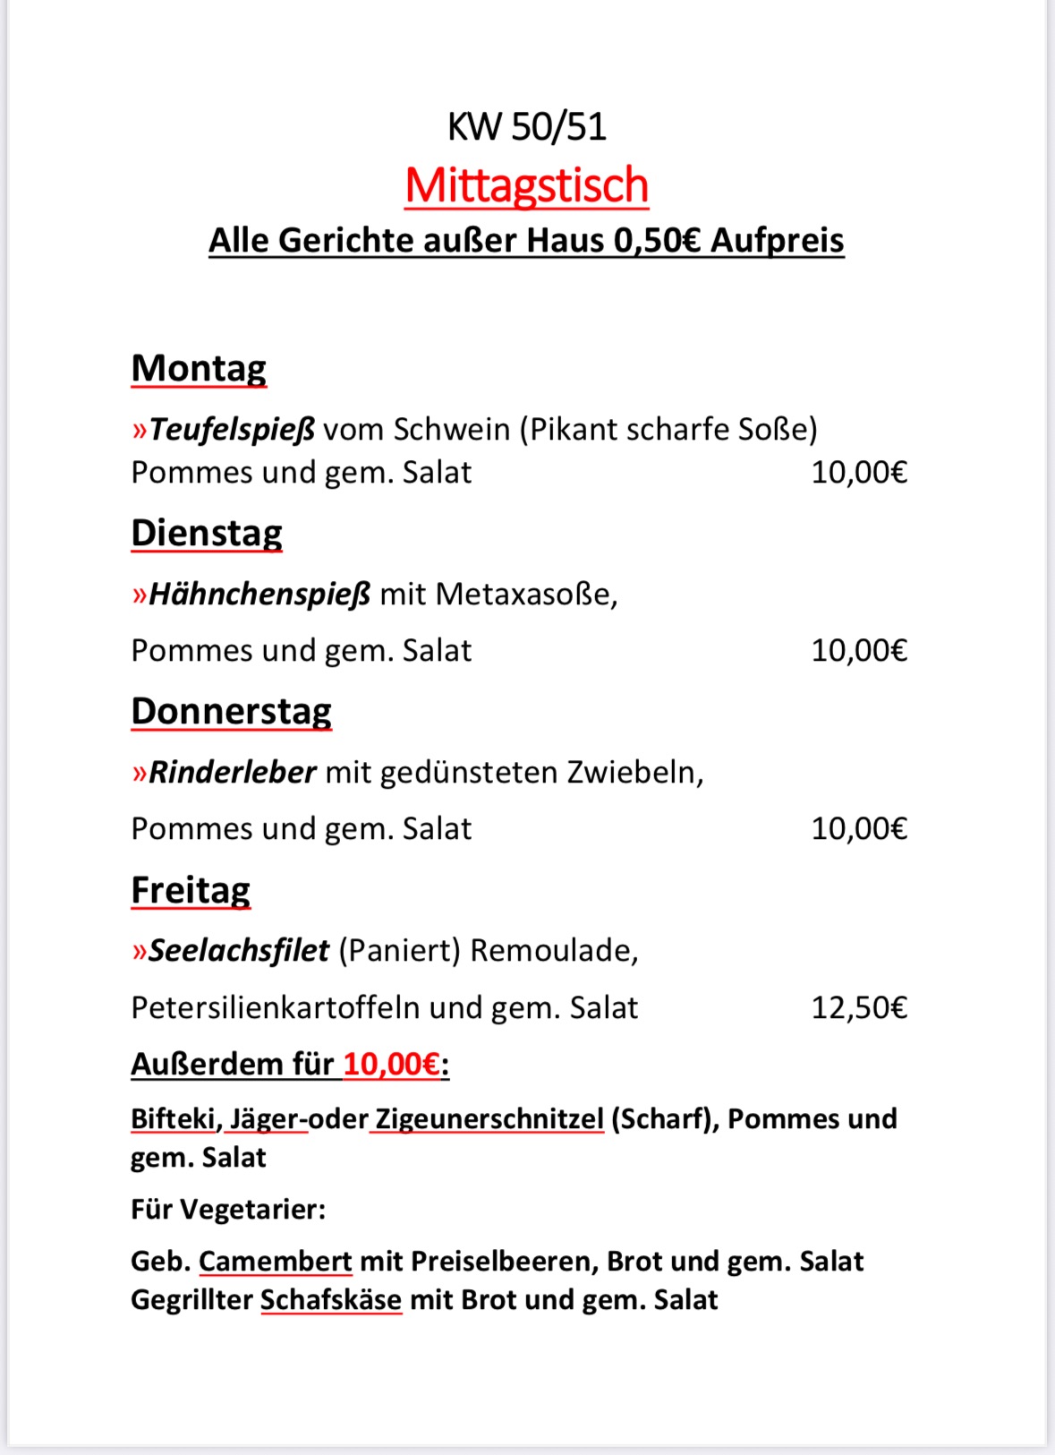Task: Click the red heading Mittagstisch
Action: [526, 185]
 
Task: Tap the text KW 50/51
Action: [526, 126]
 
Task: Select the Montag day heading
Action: [199, 368]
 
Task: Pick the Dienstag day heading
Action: [207, 533]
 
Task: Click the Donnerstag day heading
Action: [231, 711]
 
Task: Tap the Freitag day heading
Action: [191, 890]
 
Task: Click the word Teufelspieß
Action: [232, 430]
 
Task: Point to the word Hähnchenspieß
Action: [259, 594]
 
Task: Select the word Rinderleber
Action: [233, 772]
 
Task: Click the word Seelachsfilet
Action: [239, 950]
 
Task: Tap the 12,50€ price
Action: [859, 1007]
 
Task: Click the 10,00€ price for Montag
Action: [859, 472]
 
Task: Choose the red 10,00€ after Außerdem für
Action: [392, 1064]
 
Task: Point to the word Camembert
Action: [275, 1261]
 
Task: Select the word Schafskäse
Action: [331, 1299]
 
